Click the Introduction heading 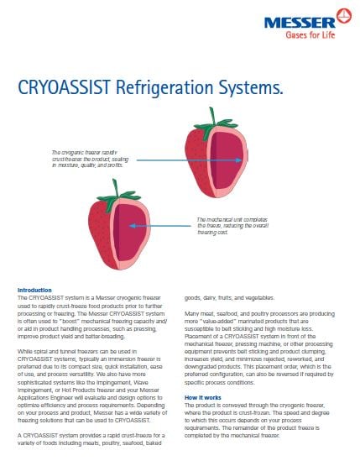(x=34, y=290)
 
